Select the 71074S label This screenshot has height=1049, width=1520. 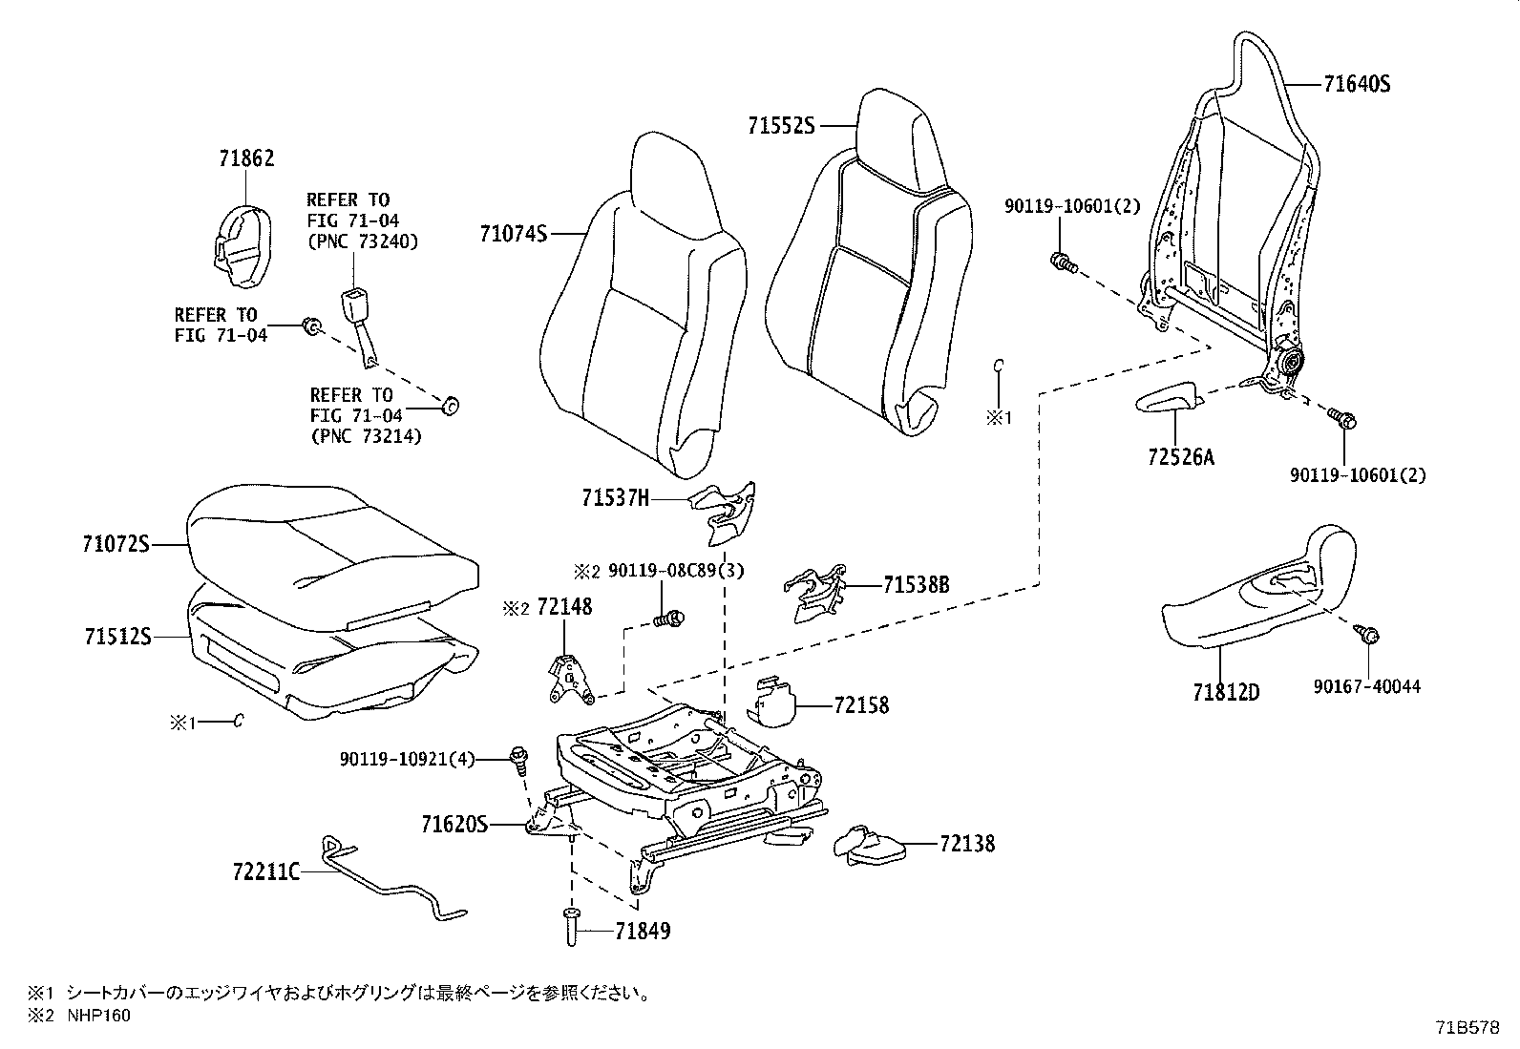[514, 232]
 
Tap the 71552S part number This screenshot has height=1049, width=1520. [781, 125]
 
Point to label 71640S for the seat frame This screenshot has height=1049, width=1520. [1357, 84]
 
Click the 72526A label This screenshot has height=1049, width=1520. [1181, 457]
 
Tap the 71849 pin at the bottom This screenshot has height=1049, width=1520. [571, 927]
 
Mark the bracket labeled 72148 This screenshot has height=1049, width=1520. [570, 679]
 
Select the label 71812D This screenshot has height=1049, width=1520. [1225, 692]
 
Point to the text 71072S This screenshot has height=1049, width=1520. [116, 544]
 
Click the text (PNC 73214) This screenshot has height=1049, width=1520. [366, 435]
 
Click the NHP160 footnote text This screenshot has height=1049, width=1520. [97, 1016]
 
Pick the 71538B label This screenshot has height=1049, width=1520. [916, 584]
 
